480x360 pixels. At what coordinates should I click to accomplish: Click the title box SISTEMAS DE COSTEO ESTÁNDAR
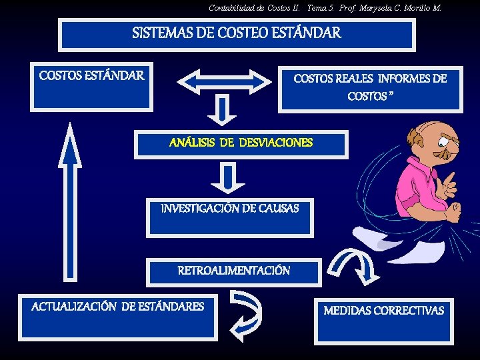point(237,35)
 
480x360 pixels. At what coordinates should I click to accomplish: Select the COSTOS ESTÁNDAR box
point(91,85)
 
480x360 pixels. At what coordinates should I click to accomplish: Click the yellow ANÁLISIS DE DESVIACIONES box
point(241,144)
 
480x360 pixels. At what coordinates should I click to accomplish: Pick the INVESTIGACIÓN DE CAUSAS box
point(230,217)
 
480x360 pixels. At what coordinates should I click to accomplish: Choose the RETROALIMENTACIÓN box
point(233,272)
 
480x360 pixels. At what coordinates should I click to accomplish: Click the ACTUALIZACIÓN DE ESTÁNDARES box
point(118,317)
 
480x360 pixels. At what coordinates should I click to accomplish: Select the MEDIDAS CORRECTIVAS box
point(383,320)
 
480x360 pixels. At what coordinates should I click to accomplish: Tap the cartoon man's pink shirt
point(420,190)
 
